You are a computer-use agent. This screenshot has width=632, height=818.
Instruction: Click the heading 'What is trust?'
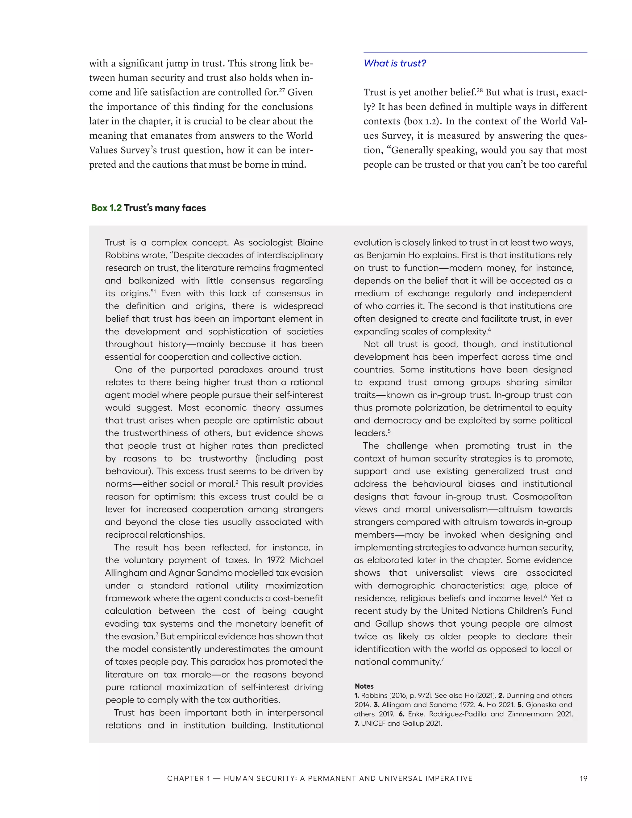[395, 63]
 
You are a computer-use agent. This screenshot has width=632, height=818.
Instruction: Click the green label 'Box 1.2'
[106, 208]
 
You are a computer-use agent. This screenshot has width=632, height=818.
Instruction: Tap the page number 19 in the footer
[583, 778]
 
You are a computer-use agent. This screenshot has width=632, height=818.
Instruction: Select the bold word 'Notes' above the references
[364, 686]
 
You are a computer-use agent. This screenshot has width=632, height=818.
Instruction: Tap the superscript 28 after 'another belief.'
[480, 90]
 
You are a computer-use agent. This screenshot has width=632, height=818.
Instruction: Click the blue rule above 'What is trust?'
[475, 52]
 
